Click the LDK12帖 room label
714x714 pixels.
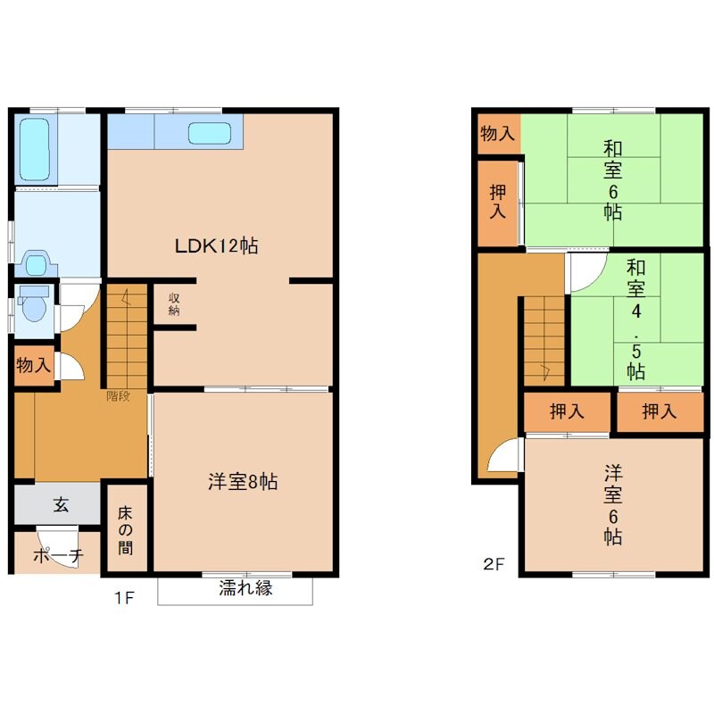(216, 246)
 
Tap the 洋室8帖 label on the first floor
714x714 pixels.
(243, 481)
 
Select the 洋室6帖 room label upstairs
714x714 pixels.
(613, 504)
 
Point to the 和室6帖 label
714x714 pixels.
(613, 180)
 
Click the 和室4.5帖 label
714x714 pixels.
(635, 320)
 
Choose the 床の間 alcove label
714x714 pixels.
(125, 530)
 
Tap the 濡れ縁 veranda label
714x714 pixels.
(245, 588)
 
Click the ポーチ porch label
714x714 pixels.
(58, 555)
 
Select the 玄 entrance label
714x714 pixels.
(61, 504)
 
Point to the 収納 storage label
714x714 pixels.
(174, 304)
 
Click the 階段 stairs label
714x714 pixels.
(119, 395)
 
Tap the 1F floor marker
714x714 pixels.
(124, 597)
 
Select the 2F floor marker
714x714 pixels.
(494, 564)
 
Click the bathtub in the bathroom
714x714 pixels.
(35, 149)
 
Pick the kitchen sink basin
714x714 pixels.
(210, 133)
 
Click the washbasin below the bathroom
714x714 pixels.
(36, 263)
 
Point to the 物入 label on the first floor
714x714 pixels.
(33, 365)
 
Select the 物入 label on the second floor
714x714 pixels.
(498, 133)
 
